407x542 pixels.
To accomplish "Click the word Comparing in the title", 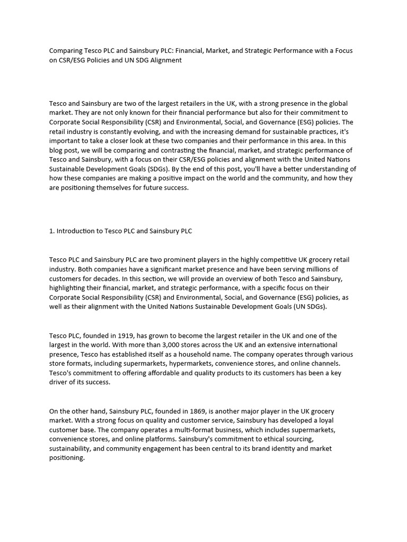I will pyautogui.click(x=65, y=51).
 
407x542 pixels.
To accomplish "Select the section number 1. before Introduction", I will pyautogui.click(x=52, y=231).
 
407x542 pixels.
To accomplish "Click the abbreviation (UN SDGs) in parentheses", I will pyautogui.click(x=309, y=306).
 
